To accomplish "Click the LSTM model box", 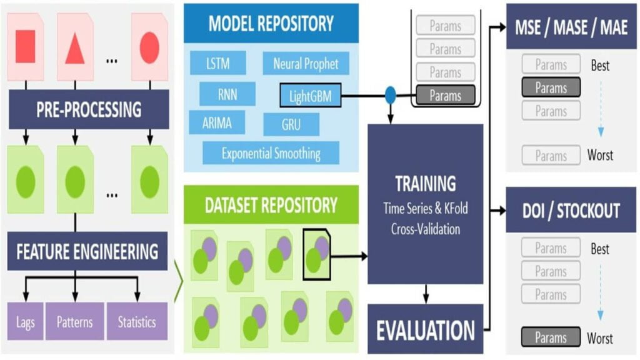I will (218, 63).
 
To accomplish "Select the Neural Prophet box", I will (306, 63).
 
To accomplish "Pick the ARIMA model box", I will (217, 122).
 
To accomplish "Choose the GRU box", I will (291, 124).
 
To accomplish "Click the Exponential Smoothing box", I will (271, 152).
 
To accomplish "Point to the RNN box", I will (227, 94).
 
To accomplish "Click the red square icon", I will (25, 47).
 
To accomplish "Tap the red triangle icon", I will (74, 48).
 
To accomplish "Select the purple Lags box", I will (26, 322).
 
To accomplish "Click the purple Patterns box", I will (74, 322).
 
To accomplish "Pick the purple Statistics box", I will (137, 322).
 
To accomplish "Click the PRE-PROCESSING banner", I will (89, 109).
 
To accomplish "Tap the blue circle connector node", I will (391, 96).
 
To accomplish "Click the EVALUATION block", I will (425, 329).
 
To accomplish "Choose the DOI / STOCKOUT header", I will (571, 211).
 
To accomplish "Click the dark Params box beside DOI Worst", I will (551, 338).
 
